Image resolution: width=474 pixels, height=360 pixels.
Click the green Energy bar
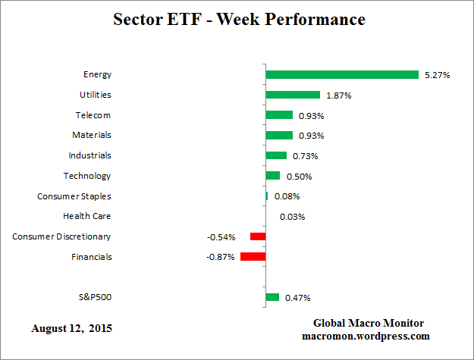click(342, 74)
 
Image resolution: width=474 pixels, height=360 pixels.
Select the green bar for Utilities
click(293, 95)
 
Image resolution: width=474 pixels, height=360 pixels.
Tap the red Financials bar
click(253, 257)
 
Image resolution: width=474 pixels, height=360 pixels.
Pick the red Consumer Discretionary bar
click(258, 236)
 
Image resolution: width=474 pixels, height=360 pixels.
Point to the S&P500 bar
click(272, 297)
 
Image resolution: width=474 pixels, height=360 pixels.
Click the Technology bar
click(273, 176)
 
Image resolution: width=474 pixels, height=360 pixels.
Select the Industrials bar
click(276, 155)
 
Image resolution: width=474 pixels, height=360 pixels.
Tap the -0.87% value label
click(221, 257)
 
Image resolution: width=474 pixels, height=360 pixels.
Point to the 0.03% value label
click(292, 217)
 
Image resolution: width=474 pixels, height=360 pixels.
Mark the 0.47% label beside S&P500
click(297, 298)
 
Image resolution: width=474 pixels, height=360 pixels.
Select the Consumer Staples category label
click(74, 196)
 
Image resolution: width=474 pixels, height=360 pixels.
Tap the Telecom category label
click(93, 115)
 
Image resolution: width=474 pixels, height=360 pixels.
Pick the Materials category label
click(92, 135)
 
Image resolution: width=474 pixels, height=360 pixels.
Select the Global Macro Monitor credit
click(369, 323)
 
